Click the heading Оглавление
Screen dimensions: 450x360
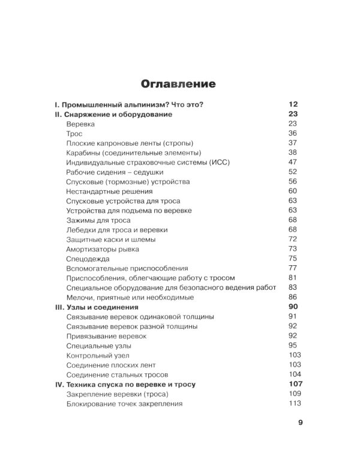point(178,82)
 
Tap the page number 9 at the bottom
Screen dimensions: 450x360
point(301,422)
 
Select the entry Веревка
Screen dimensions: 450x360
point(80,123)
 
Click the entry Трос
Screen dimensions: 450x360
point(74,133)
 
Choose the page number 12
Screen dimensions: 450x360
point(293,104)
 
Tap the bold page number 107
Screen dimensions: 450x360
point(295,383)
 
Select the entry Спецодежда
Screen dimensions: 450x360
point(88,259)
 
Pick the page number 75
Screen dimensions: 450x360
point(293,259)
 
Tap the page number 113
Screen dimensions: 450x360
point(294,403)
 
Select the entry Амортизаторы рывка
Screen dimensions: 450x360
point(103,248)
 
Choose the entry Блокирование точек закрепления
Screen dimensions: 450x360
point(125,403)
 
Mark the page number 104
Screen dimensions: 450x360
point(294,374)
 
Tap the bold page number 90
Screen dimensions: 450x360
point(293,307)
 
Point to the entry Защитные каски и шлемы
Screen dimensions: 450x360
point(111,239)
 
